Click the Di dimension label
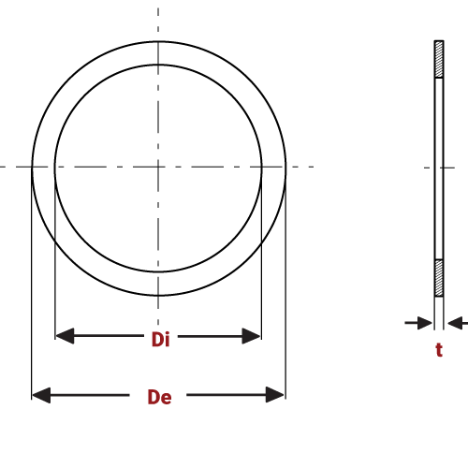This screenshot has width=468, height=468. [160, 340]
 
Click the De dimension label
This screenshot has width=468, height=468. [159, 397]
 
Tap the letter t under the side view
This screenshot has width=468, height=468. [438, 350]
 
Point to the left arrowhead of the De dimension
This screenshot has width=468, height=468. [40, 395]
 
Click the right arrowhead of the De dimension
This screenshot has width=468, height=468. [275, 395]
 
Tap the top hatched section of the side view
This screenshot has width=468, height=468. [438, 59]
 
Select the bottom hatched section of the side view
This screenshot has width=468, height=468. [438, 277]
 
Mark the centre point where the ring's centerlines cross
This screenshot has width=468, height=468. [158, 168]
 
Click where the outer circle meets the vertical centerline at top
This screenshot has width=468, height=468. [158, 41]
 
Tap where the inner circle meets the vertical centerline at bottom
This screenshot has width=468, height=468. [158, 271]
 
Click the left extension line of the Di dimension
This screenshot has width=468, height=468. [55, 271]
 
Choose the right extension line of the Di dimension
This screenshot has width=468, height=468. [261, 271]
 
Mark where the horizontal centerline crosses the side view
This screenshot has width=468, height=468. [438, 168]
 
